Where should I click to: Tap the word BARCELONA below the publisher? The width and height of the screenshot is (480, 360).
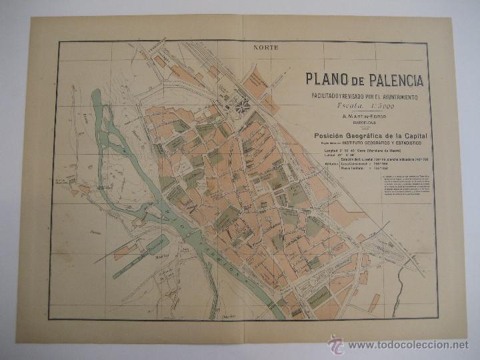point(365,123)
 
